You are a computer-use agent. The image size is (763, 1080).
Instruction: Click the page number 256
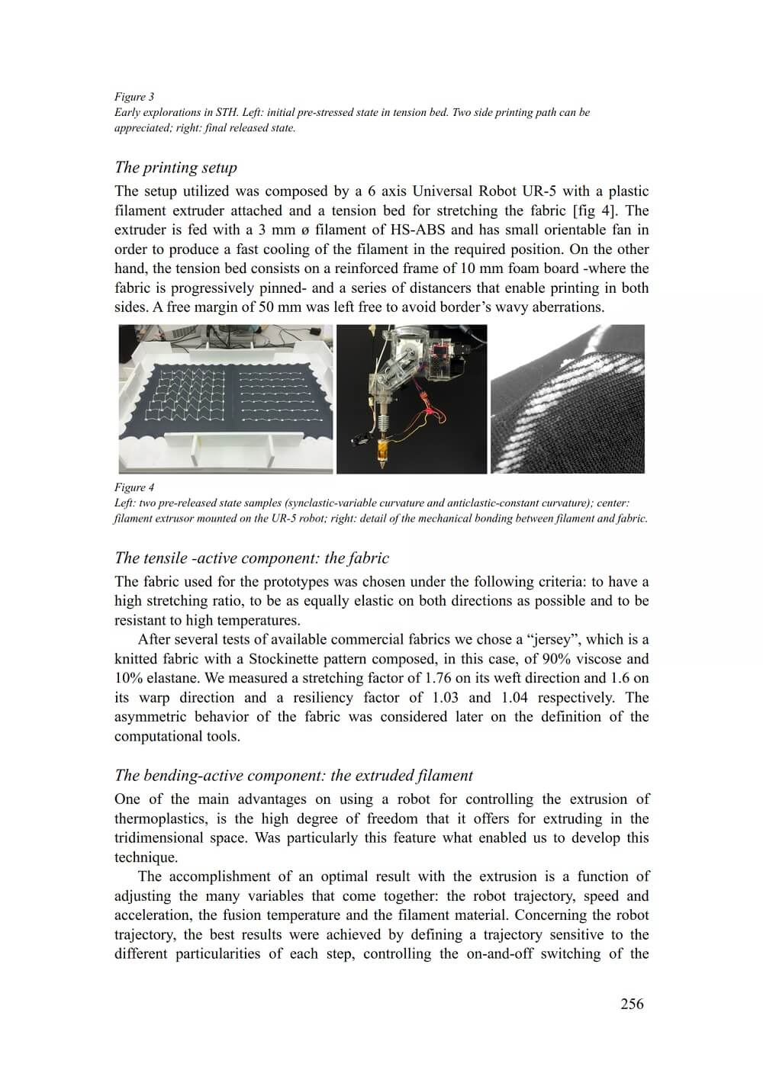click(x=632, y=1004)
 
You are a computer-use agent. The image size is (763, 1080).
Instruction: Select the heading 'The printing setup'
click(x=175, y=167)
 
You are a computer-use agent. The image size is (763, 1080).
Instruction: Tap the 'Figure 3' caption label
click(x=134, y=97)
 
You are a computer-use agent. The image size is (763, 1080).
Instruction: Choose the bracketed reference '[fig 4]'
click(x=594, y=211)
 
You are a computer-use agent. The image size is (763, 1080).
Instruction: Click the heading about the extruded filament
click(x=294, y=776)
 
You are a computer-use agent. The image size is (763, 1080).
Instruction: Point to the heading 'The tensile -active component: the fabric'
click(x=252, y=558)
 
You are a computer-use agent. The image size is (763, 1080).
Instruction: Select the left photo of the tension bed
click(x=226, y=399)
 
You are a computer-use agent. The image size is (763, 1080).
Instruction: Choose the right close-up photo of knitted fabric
click(x=568, y=399)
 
